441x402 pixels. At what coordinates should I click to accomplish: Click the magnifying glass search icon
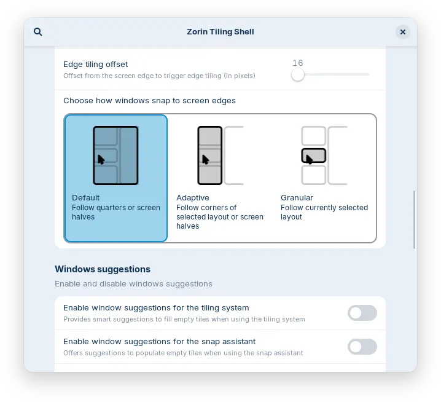point(38,32)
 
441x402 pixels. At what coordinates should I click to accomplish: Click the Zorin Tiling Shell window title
point(220,32)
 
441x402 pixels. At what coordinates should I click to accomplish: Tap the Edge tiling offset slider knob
point(298,74)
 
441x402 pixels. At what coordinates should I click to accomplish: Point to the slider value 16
point(298,63)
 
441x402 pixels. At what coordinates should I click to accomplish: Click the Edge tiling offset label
point(95,64)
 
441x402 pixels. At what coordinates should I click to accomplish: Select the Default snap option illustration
point(115,156)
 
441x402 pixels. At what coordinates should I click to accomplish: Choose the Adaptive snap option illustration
point(220,156)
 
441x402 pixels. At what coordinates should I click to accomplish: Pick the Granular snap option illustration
point(324,156)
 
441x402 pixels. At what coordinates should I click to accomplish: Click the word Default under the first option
point(85,197)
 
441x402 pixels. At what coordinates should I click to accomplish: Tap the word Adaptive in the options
point(192,197)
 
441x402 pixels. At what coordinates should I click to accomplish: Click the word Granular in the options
point(297,197)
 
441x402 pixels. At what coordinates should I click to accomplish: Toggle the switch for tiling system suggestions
point(362,313)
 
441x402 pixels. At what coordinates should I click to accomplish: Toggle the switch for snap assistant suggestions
point(362,347)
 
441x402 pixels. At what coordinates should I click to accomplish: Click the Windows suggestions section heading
point(103,269)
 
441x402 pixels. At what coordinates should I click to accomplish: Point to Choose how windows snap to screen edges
point(149,100)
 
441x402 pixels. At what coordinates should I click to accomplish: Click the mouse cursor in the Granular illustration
point(310,159)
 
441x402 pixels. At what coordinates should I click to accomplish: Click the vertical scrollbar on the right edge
point(415,219)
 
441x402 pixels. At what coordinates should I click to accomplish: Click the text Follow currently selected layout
point(324,212)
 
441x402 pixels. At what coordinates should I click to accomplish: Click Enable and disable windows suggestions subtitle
point(133,283)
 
